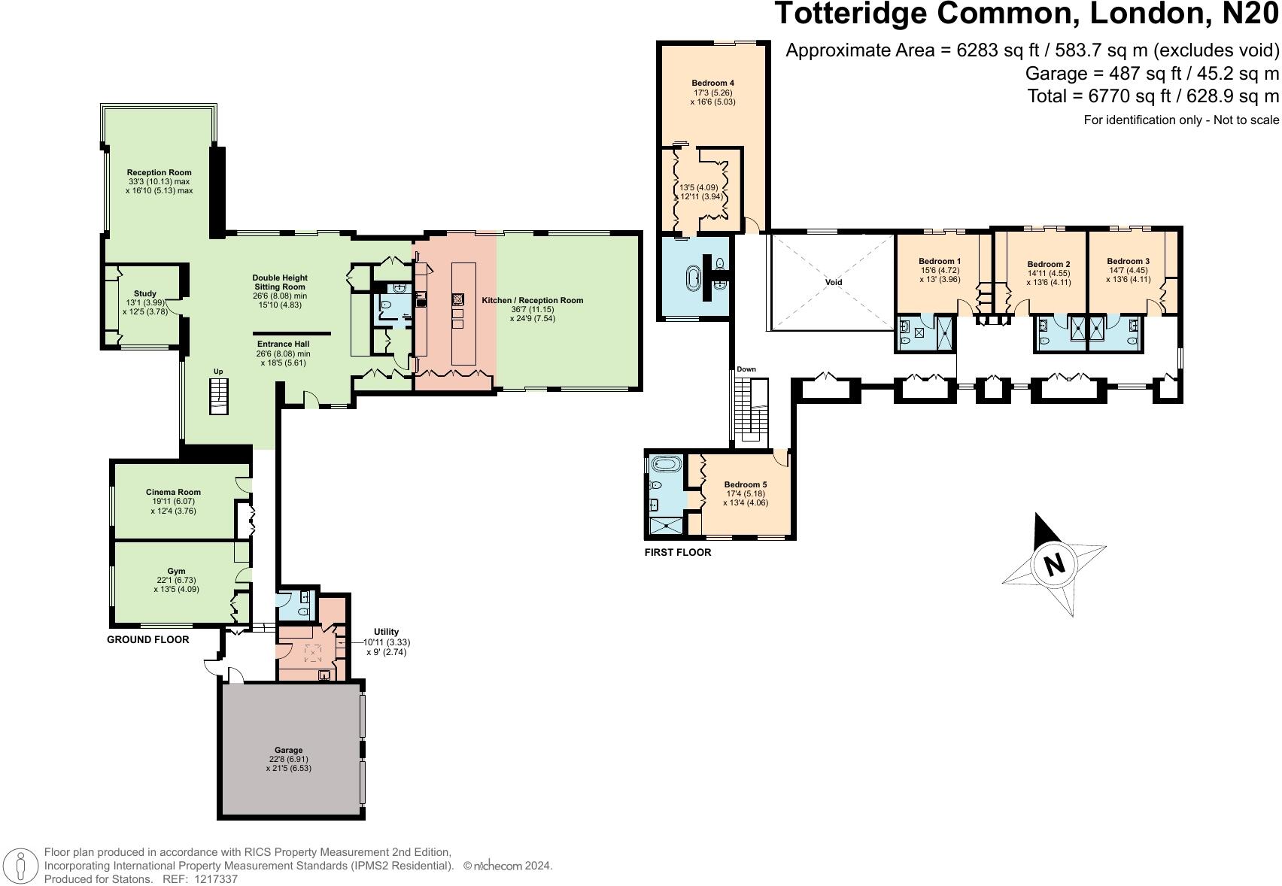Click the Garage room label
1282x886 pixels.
[288, 750]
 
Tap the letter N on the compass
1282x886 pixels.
[1054, 565]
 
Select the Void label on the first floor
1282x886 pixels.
[834, 282]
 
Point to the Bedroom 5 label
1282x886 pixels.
[745, 484]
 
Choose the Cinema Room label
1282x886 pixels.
[173, 492]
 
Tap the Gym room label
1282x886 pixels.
[176, 571]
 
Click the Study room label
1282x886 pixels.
[144, 293]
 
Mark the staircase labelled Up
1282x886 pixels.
[219, 396]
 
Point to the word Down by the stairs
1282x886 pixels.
[746, 369]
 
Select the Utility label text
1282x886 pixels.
[386, 632]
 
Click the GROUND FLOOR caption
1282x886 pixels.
[147, 639]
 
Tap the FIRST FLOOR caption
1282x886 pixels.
[678, 552]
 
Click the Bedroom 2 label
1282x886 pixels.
[1049, 264]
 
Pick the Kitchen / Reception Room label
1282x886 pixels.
[532, 300]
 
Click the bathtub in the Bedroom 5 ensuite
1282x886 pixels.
[665, 464]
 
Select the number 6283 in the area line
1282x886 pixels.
[980, 50]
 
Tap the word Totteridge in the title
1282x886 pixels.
[850, 13]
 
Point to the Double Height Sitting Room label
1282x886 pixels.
[280, 283]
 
